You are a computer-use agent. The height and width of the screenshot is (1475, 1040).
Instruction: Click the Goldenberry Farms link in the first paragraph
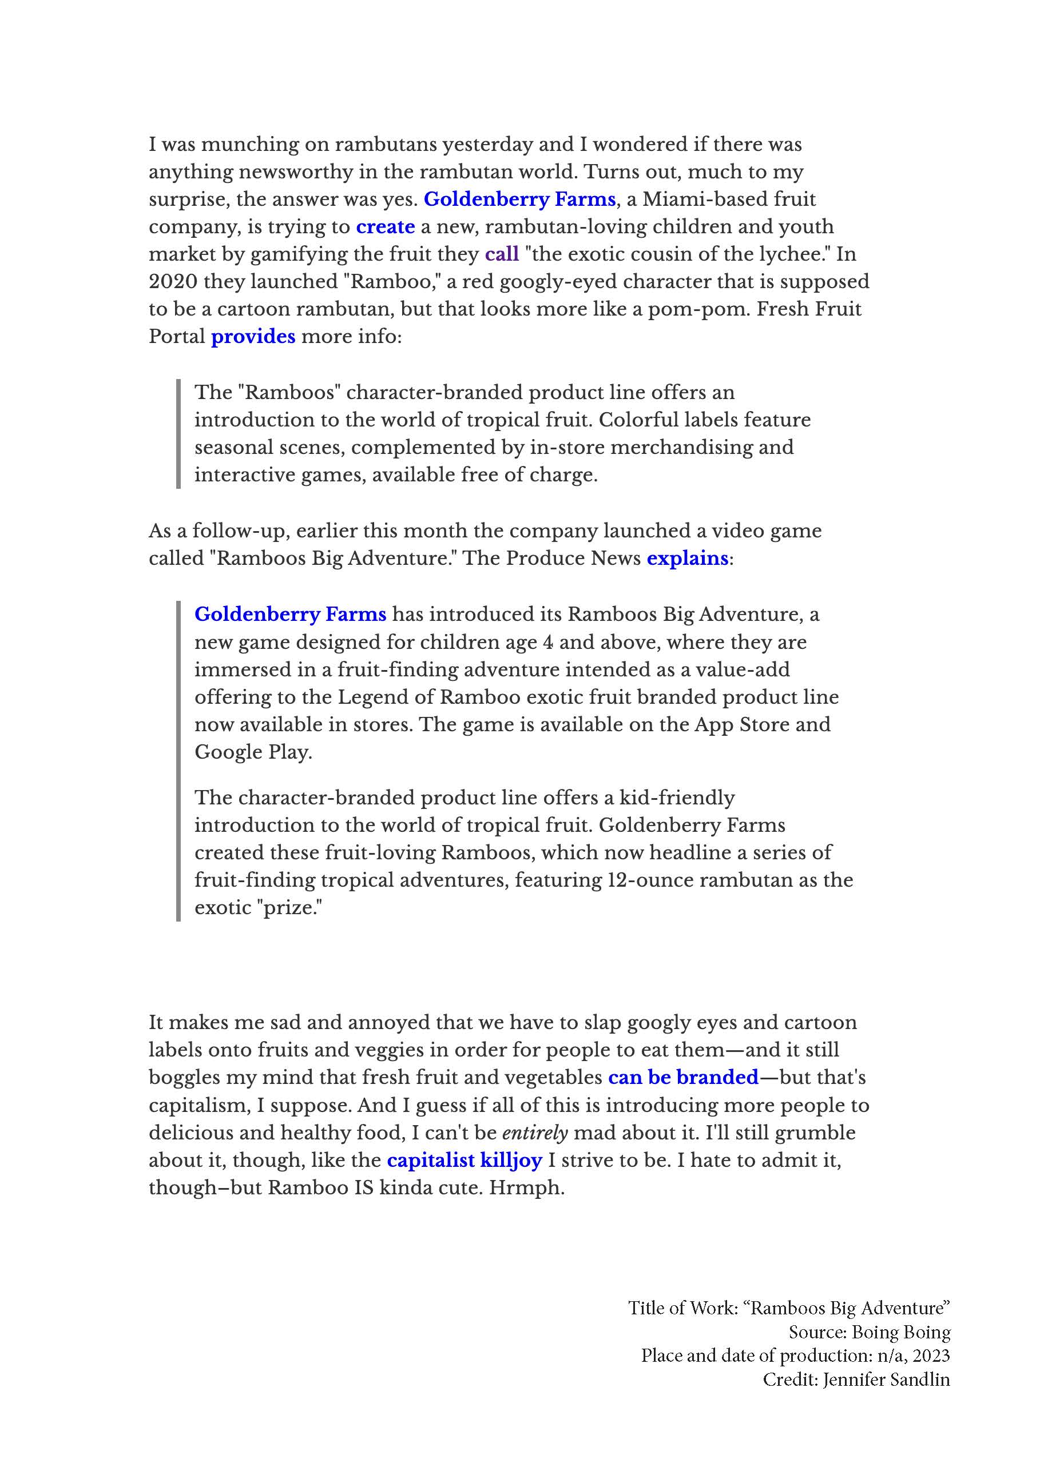(519, 199)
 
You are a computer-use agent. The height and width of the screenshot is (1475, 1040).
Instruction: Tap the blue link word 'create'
(385, 227)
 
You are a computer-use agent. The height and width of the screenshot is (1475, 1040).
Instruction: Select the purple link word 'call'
(501, 254)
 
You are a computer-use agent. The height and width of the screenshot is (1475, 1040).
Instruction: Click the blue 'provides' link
(253, 337)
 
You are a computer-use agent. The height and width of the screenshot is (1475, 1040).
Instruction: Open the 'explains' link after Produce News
(687, 558)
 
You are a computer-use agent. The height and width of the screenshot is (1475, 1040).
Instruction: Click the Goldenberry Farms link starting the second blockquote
(290, 614)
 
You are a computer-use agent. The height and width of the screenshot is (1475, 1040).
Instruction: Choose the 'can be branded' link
(683, 1077)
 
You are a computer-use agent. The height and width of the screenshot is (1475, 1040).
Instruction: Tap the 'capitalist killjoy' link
(464, 1160)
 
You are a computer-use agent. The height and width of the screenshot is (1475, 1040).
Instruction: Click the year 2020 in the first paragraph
(172, 282)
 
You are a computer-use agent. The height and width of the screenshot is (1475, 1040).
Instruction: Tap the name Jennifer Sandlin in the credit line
(886, 1380)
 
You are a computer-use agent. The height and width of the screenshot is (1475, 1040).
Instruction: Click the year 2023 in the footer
(931, 1356)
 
